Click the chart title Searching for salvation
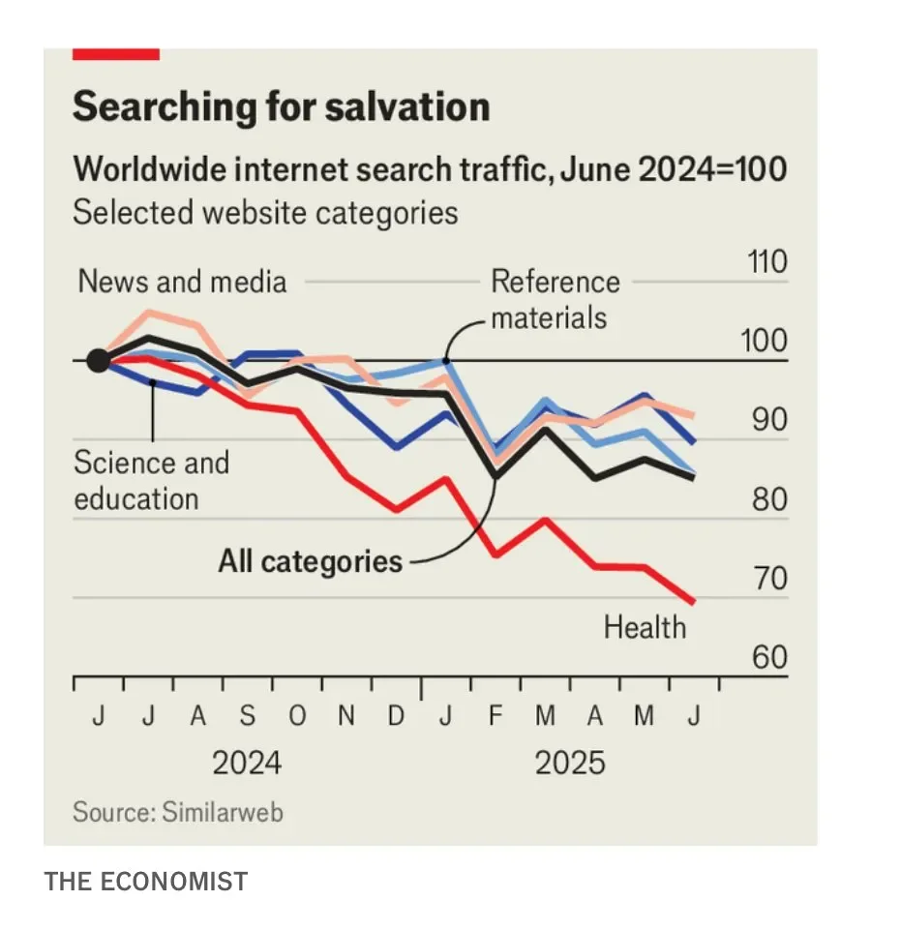[281, 105]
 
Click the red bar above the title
[116, 54]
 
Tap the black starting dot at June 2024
[98, 361]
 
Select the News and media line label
[182, 282]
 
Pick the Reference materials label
[555, 299]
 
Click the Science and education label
[151, 480]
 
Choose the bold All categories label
[310, 560]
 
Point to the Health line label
[645, 627]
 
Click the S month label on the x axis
[248, 716]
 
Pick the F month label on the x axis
[496, 716]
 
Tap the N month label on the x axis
[346, 716]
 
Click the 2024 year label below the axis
[247, 762]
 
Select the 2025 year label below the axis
[570, 762]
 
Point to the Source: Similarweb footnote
[178, 812]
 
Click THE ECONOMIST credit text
[146, 882]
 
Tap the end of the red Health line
[692, 602]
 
